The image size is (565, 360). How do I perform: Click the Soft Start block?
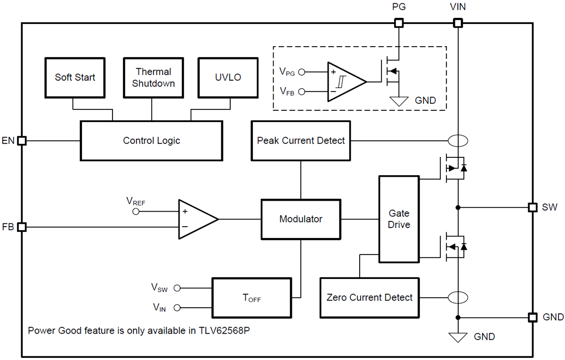coord(75,78)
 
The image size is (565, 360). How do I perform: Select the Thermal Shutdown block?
coord(153,78)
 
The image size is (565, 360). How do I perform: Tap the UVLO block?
coord(228,78)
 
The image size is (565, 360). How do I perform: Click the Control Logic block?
coord(151,140)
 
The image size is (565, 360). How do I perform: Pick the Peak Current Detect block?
coord(301,140)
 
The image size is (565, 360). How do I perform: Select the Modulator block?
coord(301,219)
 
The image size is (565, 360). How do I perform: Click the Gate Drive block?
coord(399,219)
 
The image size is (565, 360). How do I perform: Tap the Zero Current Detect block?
coord(369,298)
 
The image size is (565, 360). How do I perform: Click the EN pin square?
coord(22,140)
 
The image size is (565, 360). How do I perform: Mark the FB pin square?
coord(22,227)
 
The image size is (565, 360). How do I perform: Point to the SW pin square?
coord(533,207)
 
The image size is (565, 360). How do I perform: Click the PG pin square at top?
coord(398,23)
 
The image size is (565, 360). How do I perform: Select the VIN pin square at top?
coord(457,23)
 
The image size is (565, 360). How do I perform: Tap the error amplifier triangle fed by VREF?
coord(195,219)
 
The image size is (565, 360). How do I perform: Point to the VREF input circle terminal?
coord(137,212)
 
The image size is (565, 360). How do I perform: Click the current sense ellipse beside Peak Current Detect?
coord(457,140)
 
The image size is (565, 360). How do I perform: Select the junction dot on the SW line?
coord(457,207)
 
